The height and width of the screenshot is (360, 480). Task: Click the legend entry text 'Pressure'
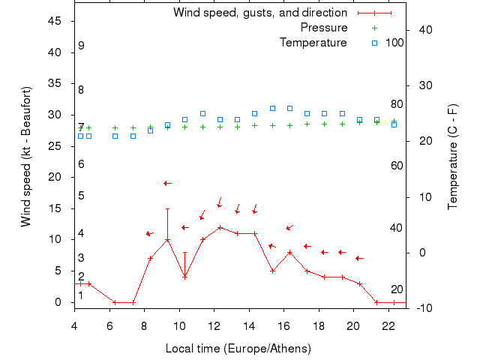(323, 28)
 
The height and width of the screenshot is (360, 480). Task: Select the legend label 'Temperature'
(313, 43)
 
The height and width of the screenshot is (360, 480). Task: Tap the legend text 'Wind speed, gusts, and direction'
(259, 13)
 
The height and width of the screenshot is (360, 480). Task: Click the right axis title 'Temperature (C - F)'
(452, 157)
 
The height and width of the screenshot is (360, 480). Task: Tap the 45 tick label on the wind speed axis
(54, 21)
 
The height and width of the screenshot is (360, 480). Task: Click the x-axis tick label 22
(388, 325)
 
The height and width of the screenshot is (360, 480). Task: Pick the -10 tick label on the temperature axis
(419, 307)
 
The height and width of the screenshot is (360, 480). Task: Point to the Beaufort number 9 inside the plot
(81, 46)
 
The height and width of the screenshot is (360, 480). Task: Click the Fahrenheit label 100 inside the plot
(394, 43)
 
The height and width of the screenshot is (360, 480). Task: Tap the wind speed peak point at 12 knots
(220, 227)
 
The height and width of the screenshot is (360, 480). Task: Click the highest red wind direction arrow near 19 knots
(167, 183)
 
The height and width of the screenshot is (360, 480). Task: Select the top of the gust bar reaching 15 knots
(167, 208)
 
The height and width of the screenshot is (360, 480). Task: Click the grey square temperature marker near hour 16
(289, 108)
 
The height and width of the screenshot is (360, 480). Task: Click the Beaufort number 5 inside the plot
(81, 196)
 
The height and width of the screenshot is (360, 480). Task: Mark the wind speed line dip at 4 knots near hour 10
(184, 277)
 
